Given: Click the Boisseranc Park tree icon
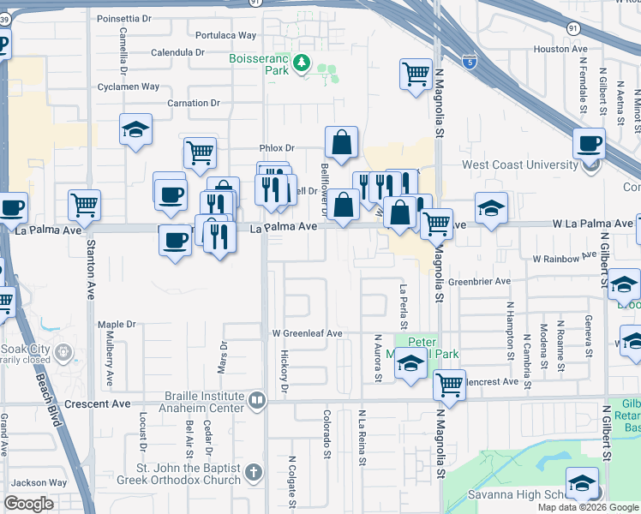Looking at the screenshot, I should point(301,63).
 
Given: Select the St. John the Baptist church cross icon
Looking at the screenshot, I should point(253,472).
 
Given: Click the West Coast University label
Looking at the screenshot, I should point(519,164).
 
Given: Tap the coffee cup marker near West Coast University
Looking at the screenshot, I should point(589,144).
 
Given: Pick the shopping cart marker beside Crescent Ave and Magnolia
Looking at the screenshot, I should point(449,385).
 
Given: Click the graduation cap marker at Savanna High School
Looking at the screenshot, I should point(582,484).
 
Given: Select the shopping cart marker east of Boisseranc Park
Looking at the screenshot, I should point(416,75).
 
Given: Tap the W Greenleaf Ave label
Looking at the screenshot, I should point(307,333).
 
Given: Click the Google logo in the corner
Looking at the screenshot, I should point(29,504).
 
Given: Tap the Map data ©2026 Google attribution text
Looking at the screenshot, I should point(588,507).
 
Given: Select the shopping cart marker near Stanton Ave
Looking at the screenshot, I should point(85,205).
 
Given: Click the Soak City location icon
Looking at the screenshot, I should point(63,350).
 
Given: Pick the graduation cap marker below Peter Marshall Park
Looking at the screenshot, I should point(410,364).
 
